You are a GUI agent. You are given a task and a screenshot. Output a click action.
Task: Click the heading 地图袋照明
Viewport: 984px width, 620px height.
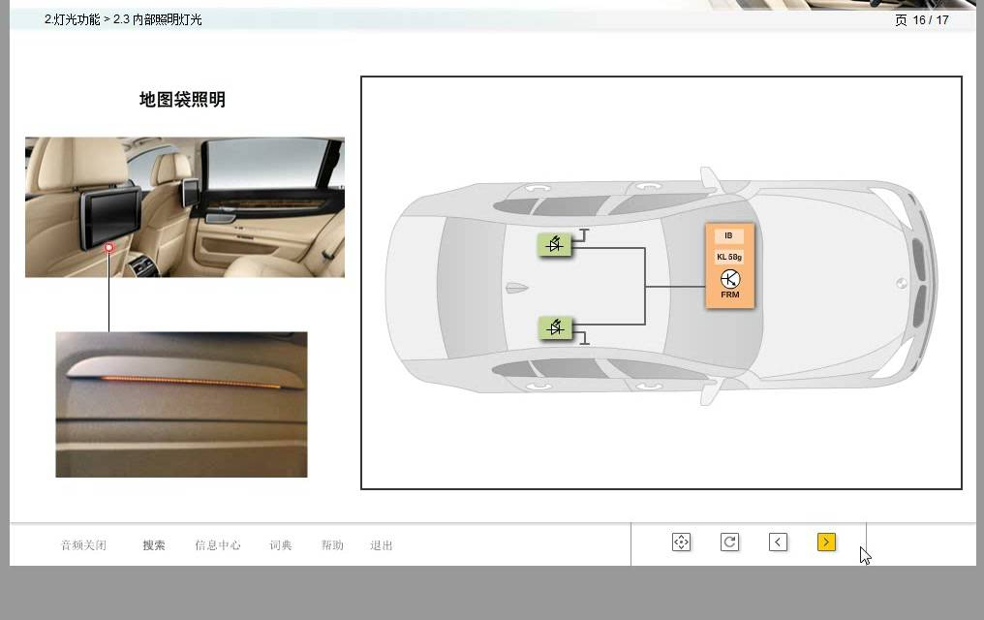[x=182, y=99]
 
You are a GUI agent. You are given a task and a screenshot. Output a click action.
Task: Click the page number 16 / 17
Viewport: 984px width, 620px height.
[x=931, y=20]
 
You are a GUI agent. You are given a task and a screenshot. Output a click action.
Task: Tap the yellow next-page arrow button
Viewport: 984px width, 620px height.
[x=826, y=542]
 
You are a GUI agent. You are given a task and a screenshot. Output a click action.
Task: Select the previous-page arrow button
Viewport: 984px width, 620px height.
[x=778, y=542]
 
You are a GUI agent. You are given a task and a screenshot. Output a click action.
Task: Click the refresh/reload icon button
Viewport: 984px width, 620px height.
[x=729, y=542]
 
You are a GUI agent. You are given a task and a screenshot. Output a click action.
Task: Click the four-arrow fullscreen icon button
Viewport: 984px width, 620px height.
[x=681, y=542]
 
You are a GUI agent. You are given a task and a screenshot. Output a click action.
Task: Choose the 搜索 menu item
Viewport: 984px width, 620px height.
[x=154, y=545]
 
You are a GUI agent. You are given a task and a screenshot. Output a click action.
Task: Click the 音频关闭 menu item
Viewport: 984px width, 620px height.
[x=83, y=545]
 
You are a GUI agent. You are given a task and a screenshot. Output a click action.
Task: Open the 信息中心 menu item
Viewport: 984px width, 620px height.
[x=218, y=545]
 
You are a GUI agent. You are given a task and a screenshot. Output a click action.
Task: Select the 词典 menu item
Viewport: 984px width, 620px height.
[x=281, y=545]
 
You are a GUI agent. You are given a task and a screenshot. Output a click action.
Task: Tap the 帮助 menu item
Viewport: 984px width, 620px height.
[x=332, y=545]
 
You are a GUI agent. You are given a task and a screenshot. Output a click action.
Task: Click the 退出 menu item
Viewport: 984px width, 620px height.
[x=381, y=545]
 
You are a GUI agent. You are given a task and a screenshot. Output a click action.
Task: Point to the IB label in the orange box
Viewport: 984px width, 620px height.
[x=728, y=236]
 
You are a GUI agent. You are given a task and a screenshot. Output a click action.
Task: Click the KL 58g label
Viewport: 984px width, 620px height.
[x=729, y=257]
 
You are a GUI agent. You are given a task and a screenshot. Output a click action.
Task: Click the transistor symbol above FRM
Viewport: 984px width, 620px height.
[x=730, y=279]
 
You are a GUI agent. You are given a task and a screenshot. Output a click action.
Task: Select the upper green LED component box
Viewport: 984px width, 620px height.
[x=555, y=244]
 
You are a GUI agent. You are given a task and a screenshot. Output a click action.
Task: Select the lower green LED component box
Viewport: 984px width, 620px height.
[x=555, y=327]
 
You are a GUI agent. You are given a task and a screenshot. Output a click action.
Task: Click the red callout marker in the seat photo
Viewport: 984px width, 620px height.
[x=109, y=247]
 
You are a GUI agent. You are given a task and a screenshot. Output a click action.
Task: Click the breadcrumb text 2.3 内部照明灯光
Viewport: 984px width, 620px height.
[x=158, y=19]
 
